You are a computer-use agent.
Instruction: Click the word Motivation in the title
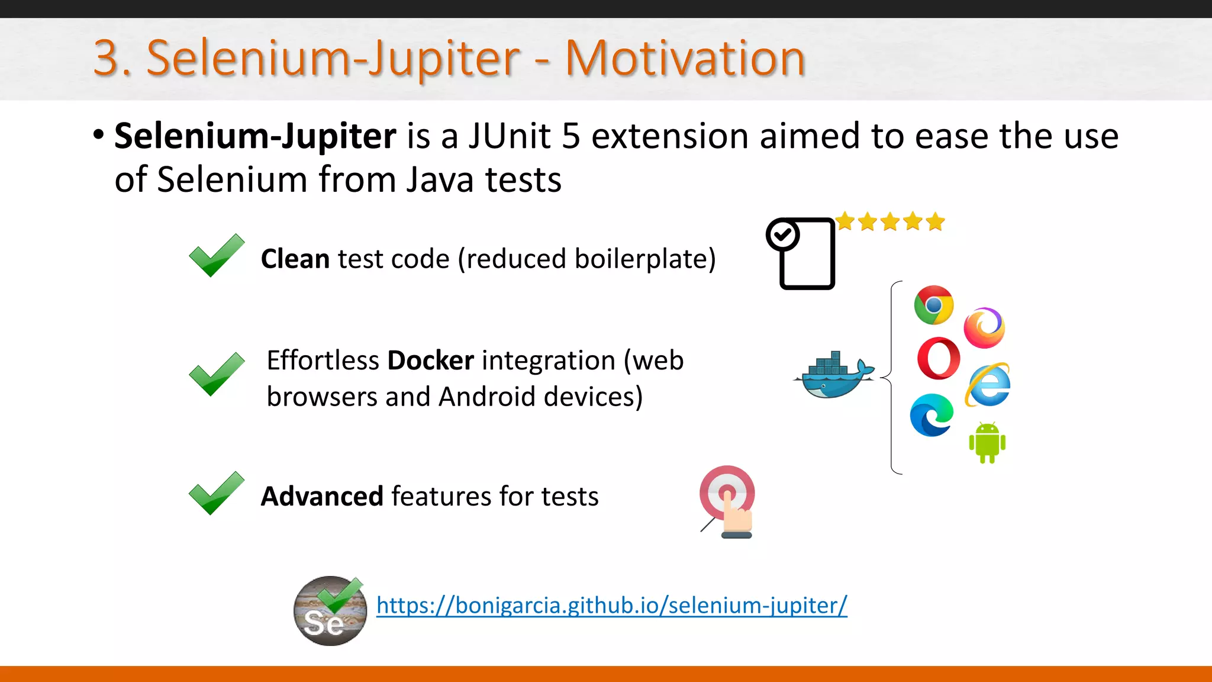[x=685, y=58]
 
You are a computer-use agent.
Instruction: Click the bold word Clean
[x=295, y=259]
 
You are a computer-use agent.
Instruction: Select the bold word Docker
[x=430, y=361]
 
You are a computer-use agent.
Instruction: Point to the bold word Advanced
[x=323, y=496]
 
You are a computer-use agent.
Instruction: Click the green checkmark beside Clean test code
[x=216, y=255]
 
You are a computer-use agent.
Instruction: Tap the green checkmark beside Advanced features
[x=216, y=493]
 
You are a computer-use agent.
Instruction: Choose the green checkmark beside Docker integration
[x=216, y=374]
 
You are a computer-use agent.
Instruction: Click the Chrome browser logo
[x=933, y=305]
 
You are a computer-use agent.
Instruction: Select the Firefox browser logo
[x=984, y=327]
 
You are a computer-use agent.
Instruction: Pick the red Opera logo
[x=939, y=358]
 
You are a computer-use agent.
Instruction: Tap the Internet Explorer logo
[x=988, y=385]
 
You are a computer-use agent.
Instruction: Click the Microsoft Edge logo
[x=931, y=415]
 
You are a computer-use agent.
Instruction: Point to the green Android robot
[x=987, y=442]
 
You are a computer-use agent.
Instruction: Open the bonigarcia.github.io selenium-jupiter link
[x=611, y=605]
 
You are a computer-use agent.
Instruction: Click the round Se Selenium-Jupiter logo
[x=330, y=611]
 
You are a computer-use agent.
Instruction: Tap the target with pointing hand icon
[x=727, y=501]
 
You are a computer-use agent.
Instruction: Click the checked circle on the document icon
[x=782, y=235]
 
